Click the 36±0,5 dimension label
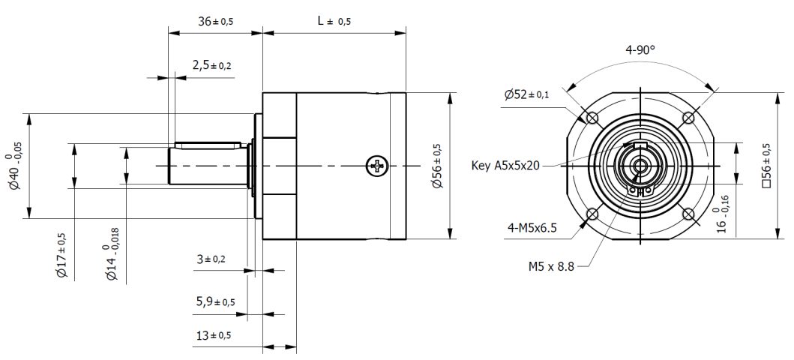point(215,22)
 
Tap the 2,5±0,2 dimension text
point(211,65)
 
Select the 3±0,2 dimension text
point(211,259)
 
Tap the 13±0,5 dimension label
point(213,334)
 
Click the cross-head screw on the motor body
point(376,166)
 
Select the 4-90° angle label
point(640,51)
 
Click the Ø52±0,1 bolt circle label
point(526,94)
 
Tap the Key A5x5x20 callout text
point(505,166)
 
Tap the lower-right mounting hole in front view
point(688,214)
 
